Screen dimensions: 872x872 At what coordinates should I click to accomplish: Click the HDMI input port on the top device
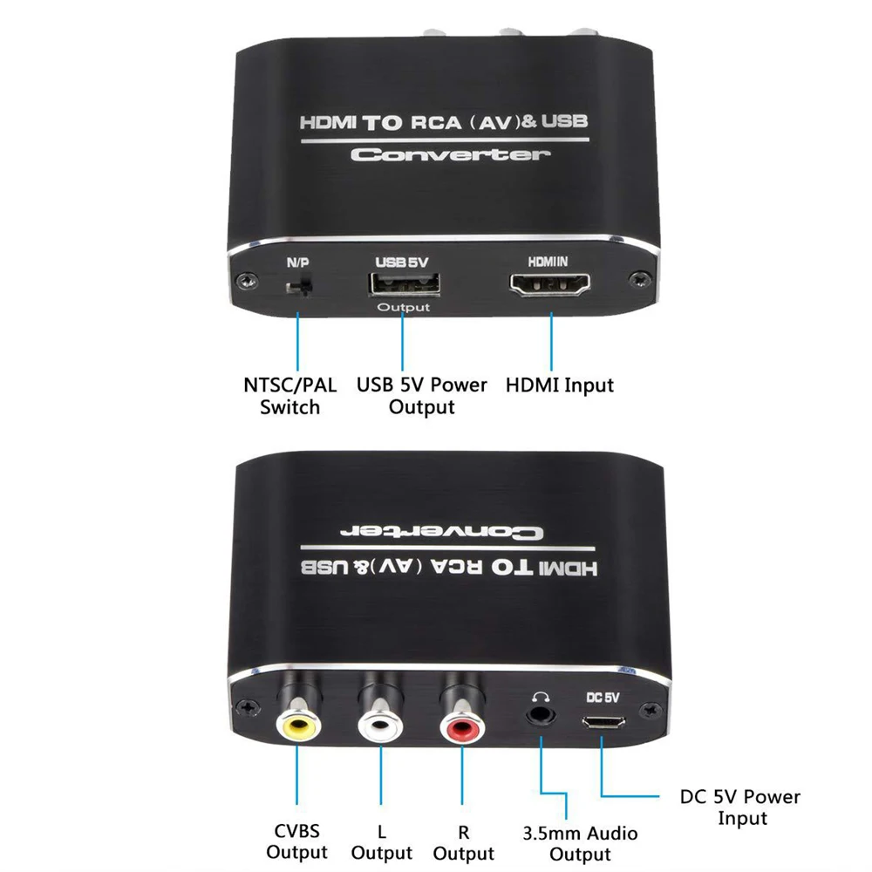pyautogui.click(x=551, y=285)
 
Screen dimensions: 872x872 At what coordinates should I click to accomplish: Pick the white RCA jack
pyautogui.click(x=380, y=723)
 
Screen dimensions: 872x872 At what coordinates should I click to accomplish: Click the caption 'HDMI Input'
pyautogui.click(x=560, y=385)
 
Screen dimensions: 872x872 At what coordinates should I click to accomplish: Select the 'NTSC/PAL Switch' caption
pyautogui.click(x=290, y=395)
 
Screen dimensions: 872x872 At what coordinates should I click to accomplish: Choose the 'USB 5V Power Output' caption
pyautogui.click(x=422, y=395)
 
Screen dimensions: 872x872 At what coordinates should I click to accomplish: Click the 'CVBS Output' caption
pyautogui.click(x=296, y=841)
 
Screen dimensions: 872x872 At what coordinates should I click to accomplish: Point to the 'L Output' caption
pyautogui.click(x=382, y=841)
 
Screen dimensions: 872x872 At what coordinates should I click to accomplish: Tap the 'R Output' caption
pyautogui.click(x=464, y=841)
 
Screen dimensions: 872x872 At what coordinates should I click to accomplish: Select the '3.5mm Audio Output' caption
pyautogui.click(x=579, y=843)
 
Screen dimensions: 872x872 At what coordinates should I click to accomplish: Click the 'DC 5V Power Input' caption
pyautogui.click(x=740, y=807)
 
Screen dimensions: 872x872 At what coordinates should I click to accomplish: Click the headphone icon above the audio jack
pyautogui.click(x=542, y=695)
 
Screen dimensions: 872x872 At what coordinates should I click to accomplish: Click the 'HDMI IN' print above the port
pyautogui.click(x=551, y=261)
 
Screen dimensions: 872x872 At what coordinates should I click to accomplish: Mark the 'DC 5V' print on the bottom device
pyautogui.click(x=603, y=698)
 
